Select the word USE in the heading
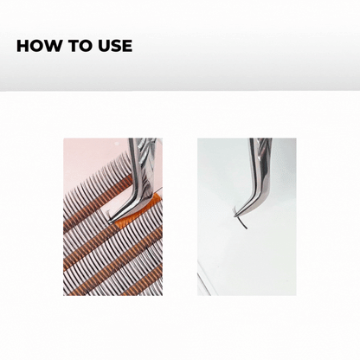pos(115,46)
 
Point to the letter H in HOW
pos(22,46)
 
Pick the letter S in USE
pos(116,46)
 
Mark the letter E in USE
pos(127,46)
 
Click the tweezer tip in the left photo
pos(110,222)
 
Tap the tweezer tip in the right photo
pos(236,215)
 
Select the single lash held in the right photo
pos(241,220)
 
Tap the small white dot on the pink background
pos(117,143)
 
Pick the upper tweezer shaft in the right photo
pos(260,162)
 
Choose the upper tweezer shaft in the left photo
pos(141,163)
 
